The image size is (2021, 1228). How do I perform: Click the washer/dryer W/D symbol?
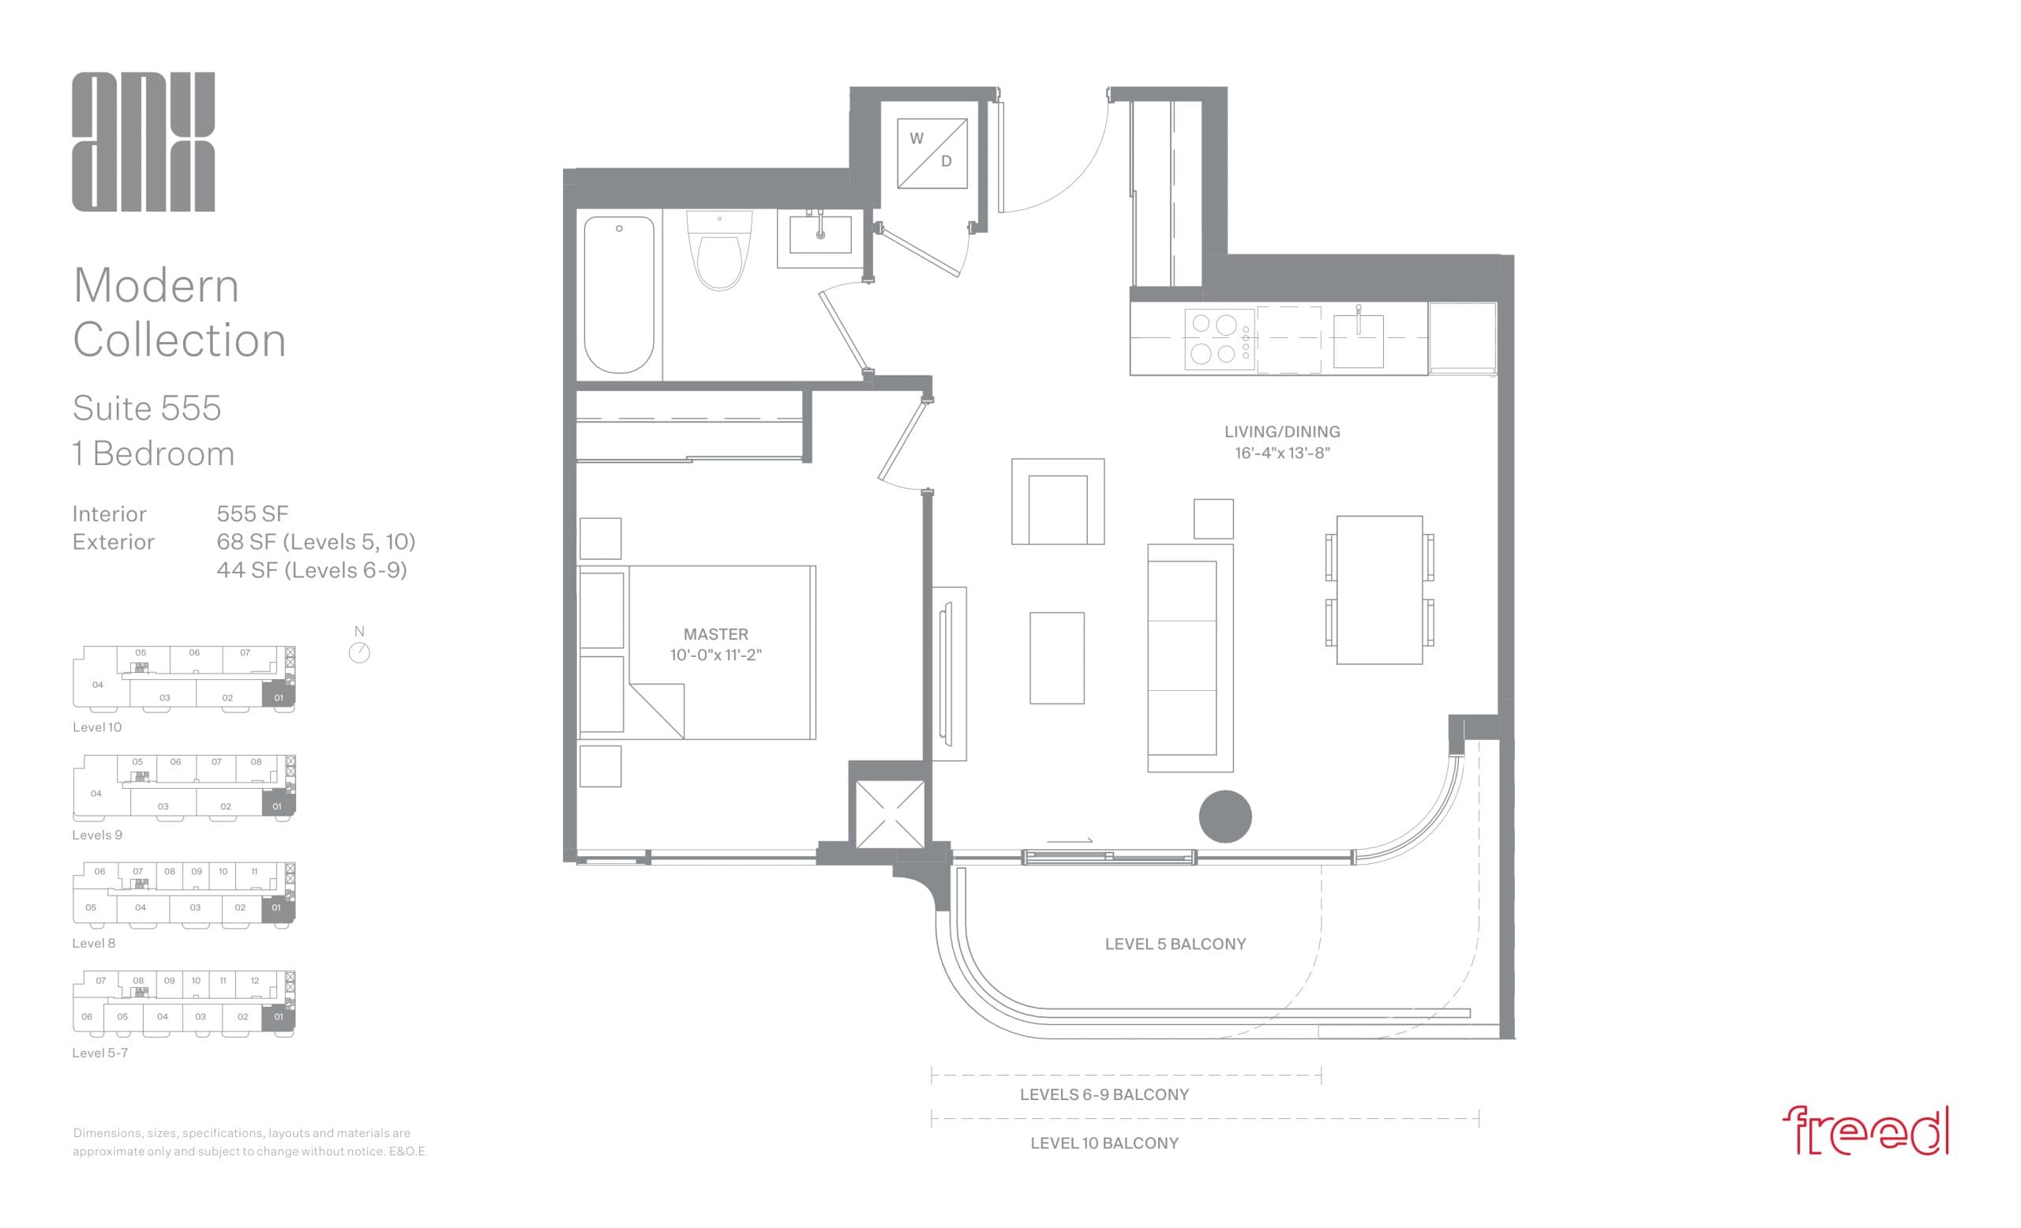click(x=932, y=152)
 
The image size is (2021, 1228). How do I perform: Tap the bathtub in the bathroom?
click(x=618, y=294)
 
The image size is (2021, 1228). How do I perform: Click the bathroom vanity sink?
click(x=819, y=235)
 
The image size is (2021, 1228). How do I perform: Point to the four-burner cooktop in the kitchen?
click(x=1219, y=339)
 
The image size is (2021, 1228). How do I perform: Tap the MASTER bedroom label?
click(x=715, y=634)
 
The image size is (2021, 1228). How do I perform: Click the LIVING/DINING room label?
click(x=1281, y=431)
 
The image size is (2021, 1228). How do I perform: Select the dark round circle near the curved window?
click(x=1224, y=817)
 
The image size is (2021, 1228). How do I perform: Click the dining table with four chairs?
click(x=1378, y=589)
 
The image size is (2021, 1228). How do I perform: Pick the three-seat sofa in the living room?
click(x=1188, y=658)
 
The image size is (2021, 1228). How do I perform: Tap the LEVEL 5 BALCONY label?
click(x=1175, y=944)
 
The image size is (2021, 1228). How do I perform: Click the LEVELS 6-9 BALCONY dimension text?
click(x=1104, y=1095)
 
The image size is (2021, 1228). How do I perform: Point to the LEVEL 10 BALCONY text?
click(x=1104, y=1143)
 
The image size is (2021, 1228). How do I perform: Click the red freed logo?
click(x=1865, y=1131)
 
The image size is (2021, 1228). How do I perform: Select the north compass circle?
click(x=359, y=653)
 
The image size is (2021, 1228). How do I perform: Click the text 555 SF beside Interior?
click(x=253, y=514)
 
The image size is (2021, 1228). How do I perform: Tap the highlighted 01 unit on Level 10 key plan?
click(x=278, y=697)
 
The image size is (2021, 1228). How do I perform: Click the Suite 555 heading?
click(x=147, y=407)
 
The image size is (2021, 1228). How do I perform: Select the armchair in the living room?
click(x=1057, y=502)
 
